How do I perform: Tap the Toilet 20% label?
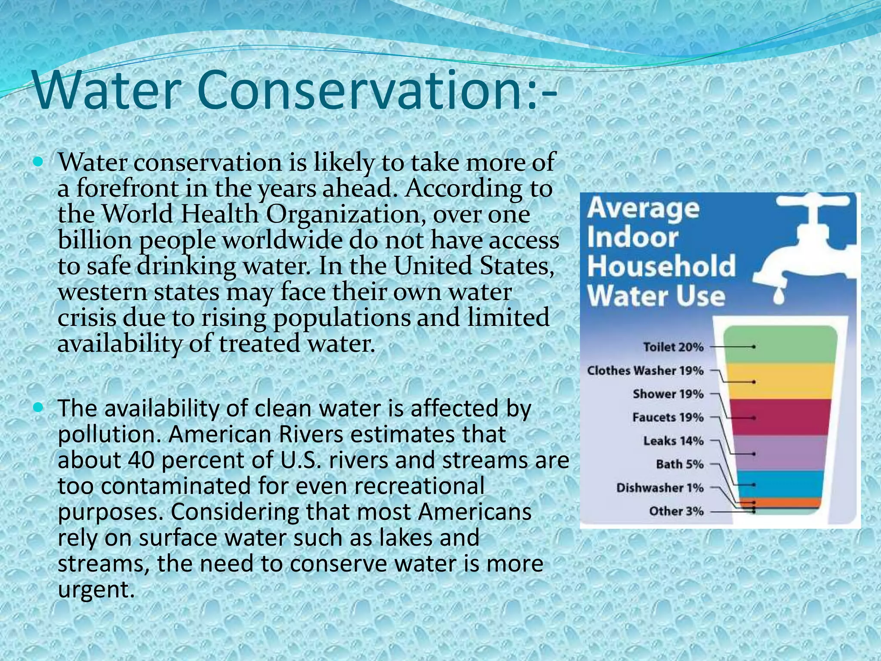tap(673, 347)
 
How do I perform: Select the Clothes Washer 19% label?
tap(645, 371)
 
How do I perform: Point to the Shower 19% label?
tap(668, 394)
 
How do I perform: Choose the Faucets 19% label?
tap(668, 417)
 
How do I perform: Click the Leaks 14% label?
tap(673, 441)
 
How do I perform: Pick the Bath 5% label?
tap(680, 464)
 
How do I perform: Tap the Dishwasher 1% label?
tap(660, 488)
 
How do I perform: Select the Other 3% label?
tap(676, 511)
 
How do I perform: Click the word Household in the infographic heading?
tap(661, 267)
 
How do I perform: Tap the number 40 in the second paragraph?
tap(141, 460)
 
